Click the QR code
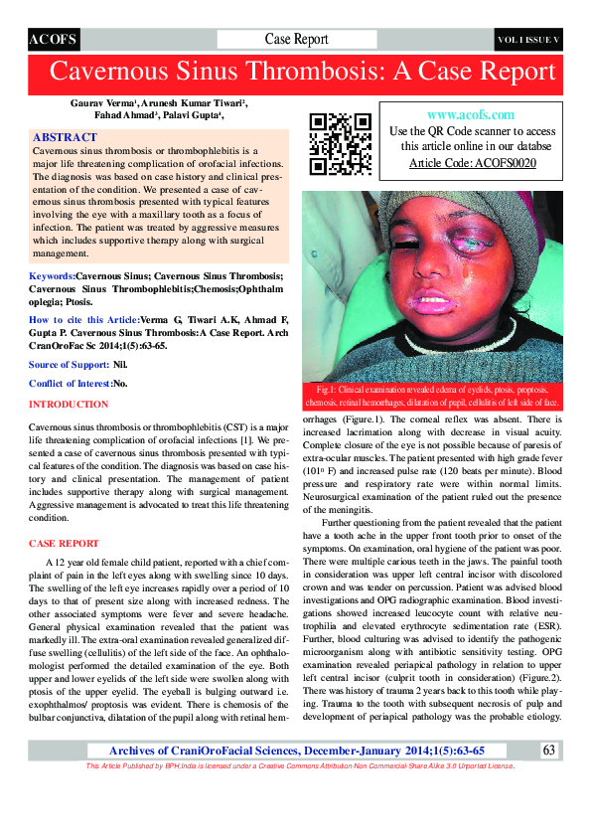tap(337, 141)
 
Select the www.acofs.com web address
tap(471, 115)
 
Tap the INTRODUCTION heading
tap(69, 405)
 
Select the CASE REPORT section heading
tap(64, 544)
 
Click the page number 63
tap(549, 777)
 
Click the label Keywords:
tap(53, 274)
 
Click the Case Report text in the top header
tap(296, 40)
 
